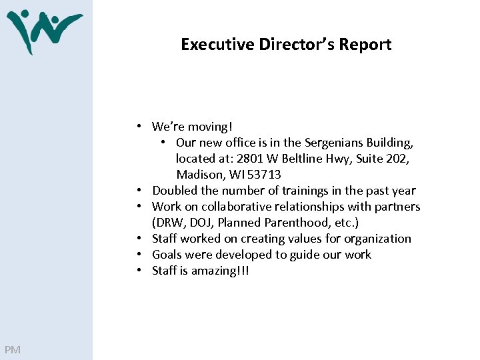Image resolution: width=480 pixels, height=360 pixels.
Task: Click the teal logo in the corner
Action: (x=44, y=31)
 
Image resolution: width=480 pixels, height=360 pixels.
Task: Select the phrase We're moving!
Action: (x=192, y=127)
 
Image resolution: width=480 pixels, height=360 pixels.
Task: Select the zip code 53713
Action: (x=266, y=175)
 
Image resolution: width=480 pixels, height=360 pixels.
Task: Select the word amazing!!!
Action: (x=219, y=271)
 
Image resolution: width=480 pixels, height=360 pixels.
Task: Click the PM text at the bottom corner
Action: (x=12, y=350)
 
